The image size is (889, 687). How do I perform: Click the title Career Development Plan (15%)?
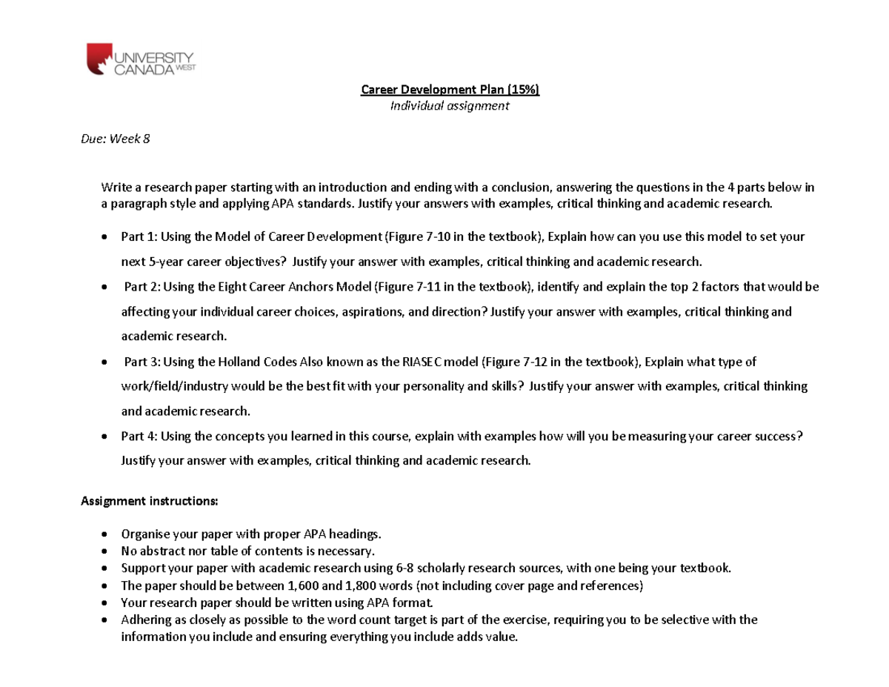[450, 90]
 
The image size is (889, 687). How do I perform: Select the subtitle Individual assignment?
[450, 106]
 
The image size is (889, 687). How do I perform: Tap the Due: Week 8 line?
[115, 139]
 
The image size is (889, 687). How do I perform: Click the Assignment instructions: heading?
[149, 501]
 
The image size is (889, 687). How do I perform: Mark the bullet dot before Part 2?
[104, 287]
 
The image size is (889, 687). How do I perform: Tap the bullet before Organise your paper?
[104, 534]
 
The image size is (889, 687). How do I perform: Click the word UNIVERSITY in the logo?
[154, 56]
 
